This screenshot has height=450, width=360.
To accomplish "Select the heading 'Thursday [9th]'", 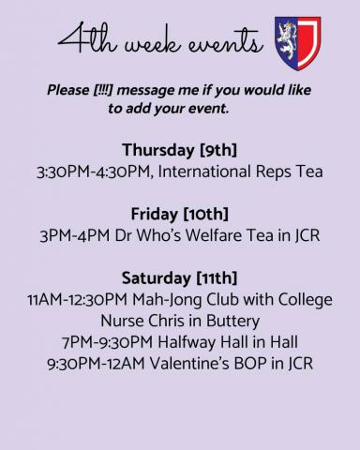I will pyautogui.click(x=180, y=150).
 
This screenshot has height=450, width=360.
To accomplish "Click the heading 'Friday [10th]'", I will pyautogui.click(x=180, y=213).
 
